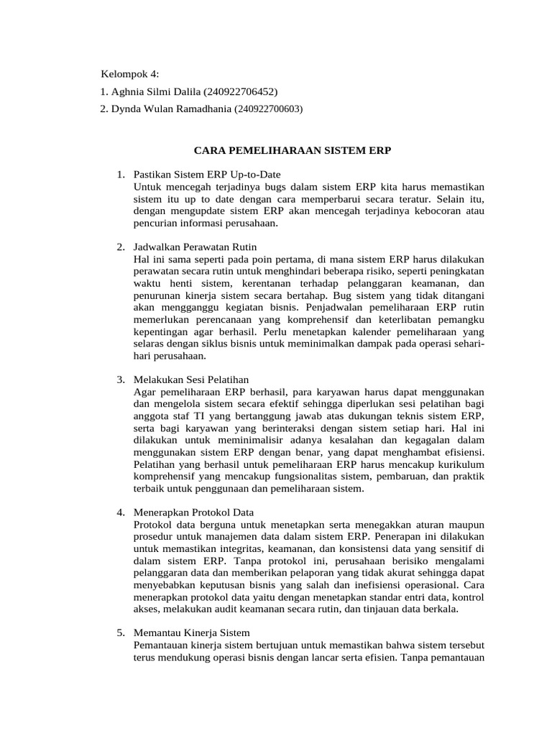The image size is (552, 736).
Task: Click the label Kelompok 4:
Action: coord(129,74)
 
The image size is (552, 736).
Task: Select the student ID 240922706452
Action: coord(241,92)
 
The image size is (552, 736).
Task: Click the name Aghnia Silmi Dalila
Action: coord(156,92)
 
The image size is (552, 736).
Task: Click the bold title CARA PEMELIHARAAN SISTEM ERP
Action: coord(293,152)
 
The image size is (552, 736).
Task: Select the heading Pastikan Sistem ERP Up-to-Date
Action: coord(207,175)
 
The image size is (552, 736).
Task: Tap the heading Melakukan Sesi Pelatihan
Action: coord(191,379)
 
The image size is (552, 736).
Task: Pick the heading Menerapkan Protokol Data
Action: coord(194,512)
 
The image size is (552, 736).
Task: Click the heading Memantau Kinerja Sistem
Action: coord(192,632)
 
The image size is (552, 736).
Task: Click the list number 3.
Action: coord(121,379)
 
